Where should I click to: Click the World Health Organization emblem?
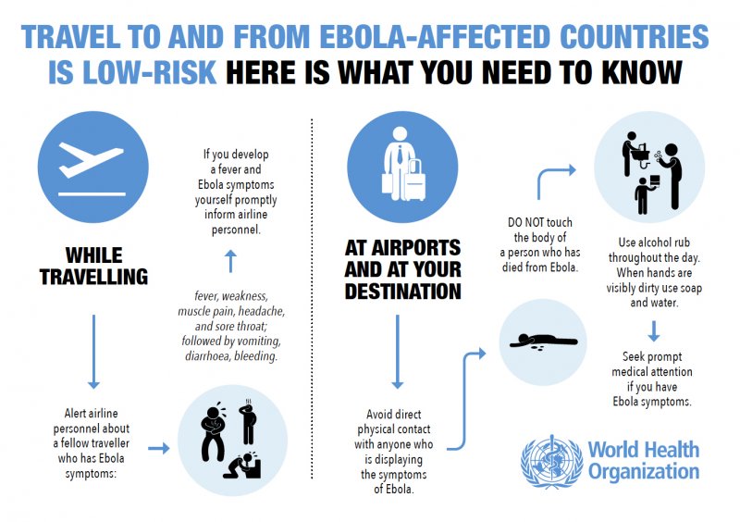[551, 461]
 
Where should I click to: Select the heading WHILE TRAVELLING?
[94, 266]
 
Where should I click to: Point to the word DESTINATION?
[402, 291]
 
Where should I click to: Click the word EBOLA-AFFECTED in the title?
[435, 36]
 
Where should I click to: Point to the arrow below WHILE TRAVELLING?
[94, 352]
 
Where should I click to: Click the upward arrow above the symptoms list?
[230, 261]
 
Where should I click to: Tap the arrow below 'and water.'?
[654, 330]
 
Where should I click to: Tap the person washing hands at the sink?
[630, 153]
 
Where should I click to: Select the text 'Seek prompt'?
[652, 356]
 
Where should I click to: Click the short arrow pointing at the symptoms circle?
[158, 448]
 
